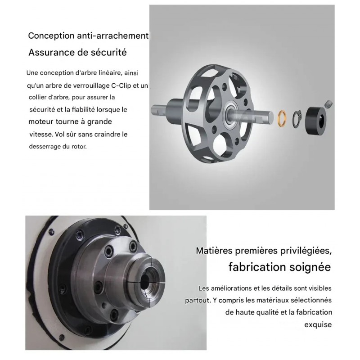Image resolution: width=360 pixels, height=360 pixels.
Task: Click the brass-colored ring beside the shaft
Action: [x=279, y=118]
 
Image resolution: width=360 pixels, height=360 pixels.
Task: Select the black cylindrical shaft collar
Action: [x=316, y=120]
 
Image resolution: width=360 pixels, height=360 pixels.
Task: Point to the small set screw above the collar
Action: [x=329, y=104]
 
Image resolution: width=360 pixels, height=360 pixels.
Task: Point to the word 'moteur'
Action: [x=41, y=121]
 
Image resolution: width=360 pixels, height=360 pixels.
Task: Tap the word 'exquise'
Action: [x=318, y=325]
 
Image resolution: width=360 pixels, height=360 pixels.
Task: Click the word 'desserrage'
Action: [x=45, y=147]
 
